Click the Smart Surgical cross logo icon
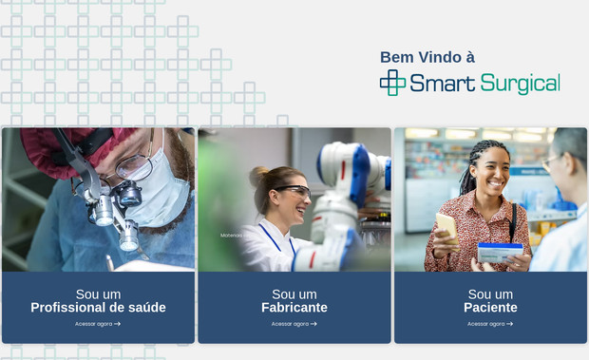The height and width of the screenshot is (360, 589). pos(392,83)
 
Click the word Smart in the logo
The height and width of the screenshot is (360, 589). pos(442,84)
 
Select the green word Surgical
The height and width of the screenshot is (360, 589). pos(520,84)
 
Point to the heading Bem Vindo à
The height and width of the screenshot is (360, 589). pos(427,57)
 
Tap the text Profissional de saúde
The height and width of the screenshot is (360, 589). pos(98,308)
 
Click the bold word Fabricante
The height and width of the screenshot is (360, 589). pos(294,308)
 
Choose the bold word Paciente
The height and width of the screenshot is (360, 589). pos(490,308)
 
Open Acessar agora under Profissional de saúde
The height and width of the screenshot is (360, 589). pos(98,324)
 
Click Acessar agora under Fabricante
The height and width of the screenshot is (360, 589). pos(294,324)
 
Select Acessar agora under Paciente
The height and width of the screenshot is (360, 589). pos(490,324)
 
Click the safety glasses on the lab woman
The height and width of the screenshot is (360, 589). pos(294,192)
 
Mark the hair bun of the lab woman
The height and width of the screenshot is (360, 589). pos(258,176)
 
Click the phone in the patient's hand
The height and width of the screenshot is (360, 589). pos(445,225)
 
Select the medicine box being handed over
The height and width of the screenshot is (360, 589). pos(500,252)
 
